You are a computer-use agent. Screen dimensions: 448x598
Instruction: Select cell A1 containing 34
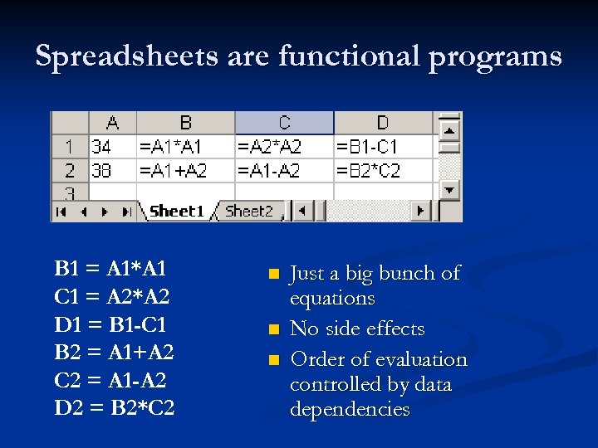coord(111,147)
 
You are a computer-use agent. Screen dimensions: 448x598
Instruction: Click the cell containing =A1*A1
coord(185,147)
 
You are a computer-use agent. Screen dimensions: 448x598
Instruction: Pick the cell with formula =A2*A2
coord(284,147)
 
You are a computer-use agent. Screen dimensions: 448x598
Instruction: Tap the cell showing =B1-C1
coord(383,147)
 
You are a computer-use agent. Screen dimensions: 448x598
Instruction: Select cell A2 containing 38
coord(111,171)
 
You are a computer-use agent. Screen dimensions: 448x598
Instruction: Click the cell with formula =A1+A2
coord(185,171)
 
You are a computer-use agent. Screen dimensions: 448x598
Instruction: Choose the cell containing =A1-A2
coord(284,171)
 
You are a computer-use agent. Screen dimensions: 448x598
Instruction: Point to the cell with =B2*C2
coord(383,171)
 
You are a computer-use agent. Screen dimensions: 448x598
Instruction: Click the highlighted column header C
coord(284,123)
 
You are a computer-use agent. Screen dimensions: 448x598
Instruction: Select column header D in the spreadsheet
coord(383,123)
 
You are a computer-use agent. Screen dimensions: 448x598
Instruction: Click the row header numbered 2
coord(70,171)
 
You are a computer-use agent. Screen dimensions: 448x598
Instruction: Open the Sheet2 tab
coord(249,212)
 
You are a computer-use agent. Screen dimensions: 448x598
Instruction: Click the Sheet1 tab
coord(176,212)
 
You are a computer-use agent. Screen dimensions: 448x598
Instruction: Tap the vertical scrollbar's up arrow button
coord(449,130)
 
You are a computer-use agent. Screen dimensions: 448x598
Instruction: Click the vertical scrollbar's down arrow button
coord(449,189)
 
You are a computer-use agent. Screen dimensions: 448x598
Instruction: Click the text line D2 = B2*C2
coord(115,408)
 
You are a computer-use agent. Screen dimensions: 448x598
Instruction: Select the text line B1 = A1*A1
coord(110,268)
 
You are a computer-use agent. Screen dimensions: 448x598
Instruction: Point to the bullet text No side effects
coord(357,329)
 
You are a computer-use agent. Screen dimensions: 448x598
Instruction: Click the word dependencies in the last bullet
coord(350,409)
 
